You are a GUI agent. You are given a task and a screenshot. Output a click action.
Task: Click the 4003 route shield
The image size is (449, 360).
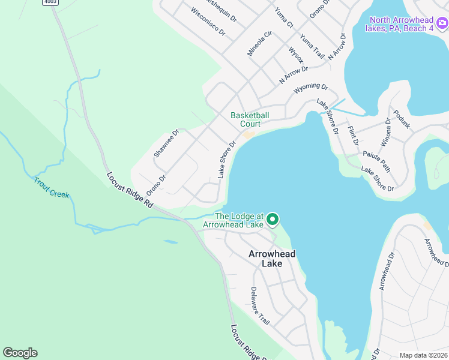coord(50,2)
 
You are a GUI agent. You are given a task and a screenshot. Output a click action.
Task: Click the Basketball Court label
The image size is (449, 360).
coord(250,119)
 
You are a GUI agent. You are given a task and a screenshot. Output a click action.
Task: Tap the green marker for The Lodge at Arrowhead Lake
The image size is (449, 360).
coord(273,220)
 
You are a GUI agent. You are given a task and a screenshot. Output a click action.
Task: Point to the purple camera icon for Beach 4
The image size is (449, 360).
coord(442,24)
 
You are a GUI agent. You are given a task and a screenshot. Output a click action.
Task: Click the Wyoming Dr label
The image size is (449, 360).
coord(311,88)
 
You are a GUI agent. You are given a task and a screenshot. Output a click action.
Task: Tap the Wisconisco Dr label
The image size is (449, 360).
coord(208,20)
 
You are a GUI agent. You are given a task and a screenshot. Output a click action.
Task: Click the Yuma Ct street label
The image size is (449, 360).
coord(283,17)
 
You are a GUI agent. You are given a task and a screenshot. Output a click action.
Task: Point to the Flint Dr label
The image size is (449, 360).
coord(352,136)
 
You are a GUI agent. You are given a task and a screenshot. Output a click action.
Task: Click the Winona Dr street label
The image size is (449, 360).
coord(385,133)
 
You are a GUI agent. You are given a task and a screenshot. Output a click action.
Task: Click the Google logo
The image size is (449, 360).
coord(20,353)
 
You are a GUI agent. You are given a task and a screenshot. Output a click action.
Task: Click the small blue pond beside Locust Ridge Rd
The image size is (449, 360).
coord(170,242)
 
